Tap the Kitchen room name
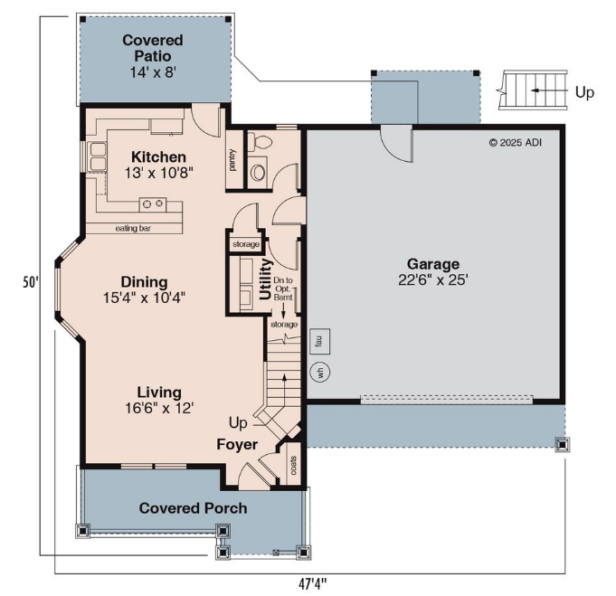[158, 156]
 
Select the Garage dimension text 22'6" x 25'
[433, 279]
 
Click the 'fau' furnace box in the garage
[320, 341]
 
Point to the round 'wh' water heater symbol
[320, 372]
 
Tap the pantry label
[233, 160]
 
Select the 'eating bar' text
[133, 228]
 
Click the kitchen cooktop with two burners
[153, 204]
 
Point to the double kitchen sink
[99, 156]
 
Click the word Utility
[266, 279]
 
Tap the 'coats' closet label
[293, 465]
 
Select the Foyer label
[237, 444]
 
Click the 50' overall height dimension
[31, 282]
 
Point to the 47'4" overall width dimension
[313, 584]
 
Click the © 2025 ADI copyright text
[515, 143]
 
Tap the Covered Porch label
[193, 508]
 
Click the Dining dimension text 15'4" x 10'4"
[144, 298]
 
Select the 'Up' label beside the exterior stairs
[584, 93]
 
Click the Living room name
[159, 393]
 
